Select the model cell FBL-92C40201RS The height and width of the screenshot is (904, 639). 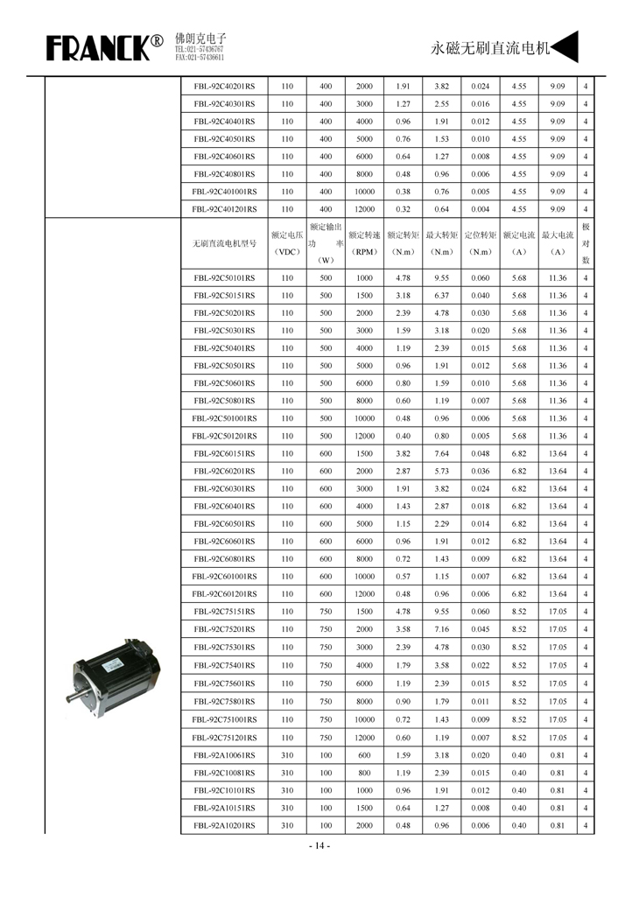click(224, 87)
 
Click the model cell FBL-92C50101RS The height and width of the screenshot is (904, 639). click(224, 278)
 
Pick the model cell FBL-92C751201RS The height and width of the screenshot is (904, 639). click(224, 738)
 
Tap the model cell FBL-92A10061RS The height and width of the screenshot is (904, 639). click(224, 755)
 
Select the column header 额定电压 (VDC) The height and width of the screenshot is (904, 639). click(287, 243)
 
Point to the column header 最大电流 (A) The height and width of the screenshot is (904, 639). click(557, 243)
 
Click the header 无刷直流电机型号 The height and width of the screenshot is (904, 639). click(224, 243)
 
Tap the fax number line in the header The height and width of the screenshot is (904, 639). click(200, 58)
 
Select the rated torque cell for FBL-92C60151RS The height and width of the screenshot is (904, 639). click(403, 454)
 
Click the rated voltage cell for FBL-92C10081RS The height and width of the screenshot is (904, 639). click(287, 773)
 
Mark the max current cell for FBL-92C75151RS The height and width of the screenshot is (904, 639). click(557, 612)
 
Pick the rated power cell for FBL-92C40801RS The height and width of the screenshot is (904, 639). click(326, 174)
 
